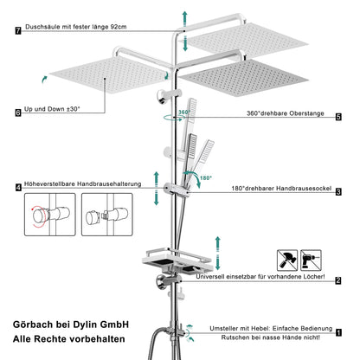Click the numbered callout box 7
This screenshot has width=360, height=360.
click(18, 31)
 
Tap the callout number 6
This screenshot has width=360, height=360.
click(18, 112)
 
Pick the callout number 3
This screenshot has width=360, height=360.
click(338, 192)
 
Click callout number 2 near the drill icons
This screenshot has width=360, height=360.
click(338, 280)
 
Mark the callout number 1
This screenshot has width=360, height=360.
click(338, 330)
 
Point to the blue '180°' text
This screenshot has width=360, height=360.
click(205, 178)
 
